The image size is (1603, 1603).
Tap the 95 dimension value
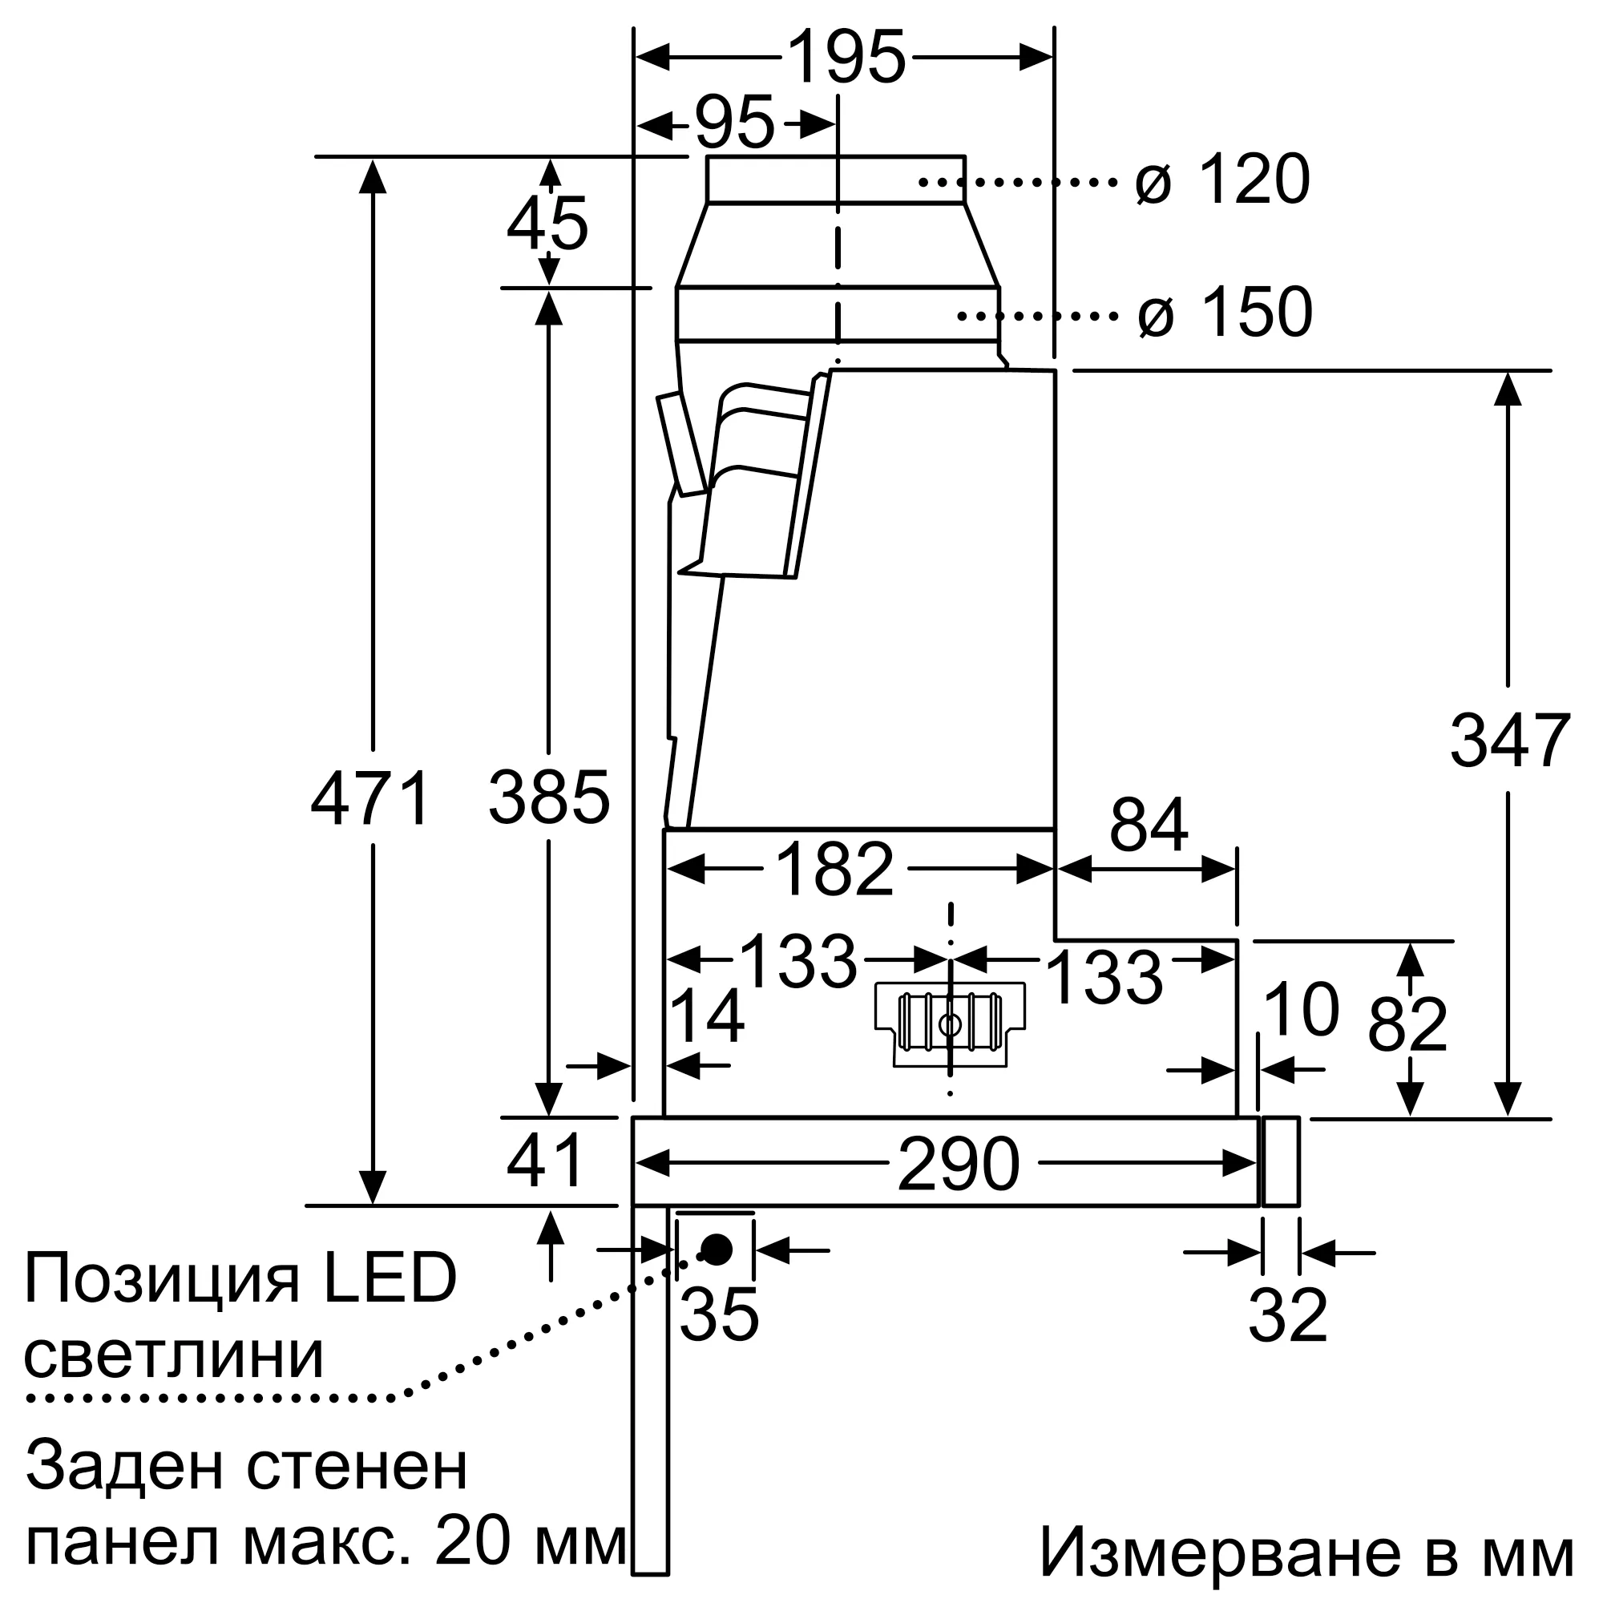(x=733, y=124)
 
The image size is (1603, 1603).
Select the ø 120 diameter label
(x=1222, y=180)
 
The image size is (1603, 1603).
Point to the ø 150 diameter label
(x=1225, y=313)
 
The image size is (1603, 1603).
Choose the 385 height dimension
(x=548, y=799)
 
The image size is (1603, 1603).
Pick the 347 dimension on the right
(x=1509, y=741)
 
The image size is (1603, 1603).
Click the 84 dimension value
(x=1149, y=826)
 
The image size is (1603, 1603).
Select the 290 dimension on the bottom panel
(x=958, y=1165)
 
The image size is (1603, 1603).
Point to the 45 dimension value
(x=547, y=224)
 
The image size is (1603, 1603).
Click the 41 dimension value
(x=545, y=1161)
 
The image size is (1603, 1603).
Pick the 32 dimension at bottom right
(x=1288, y=1316)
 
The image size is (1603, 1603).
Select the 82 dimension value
(x=1407, y=1026)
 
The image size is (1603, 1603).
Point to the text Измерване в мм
(x=1306, y=1553)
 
